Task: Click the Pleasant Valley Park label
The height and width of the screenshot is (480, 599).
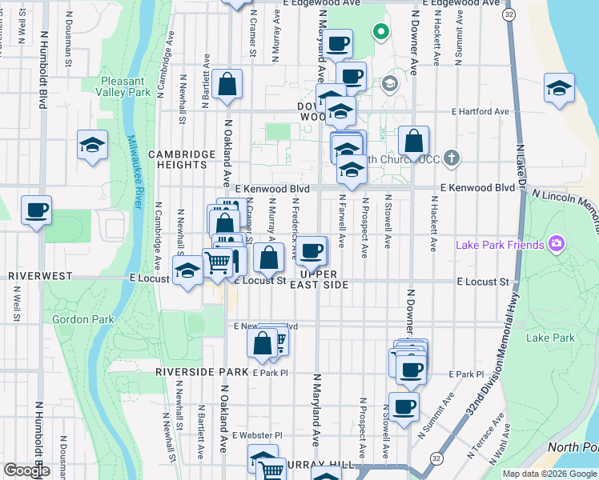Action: point(123,86)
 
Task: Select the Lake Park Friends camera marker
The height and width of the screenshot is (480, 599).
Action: point(554,244)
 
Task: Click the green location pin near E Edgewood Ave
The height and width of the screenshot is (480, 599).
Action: point(381,32)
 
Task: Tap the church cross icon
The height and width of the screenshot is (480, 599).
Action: point(452,158)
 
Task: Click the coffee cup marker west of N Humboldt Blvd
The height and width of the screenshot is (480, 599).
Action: point(36,210)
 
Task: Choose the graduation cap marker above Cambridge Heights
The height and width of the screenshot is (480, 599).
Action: point(93,145)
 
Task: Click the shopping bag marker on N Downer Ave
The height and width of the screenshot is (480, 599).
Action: point(413,141)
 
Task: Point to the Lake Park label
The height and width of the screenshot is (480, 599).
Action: point(550,338)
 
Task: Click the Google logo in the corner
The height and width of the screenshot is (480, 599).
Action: point(26,470)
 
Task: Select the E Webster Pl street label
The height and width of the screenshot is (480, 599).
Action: point(258,435)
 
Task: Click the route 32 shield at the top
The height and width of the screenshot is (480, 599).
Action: point(509,14)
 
